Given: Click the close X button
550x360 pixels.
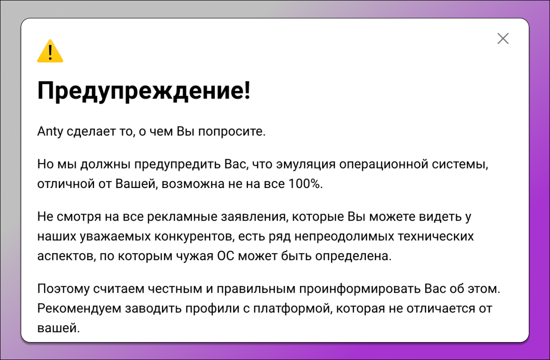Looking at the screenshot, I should pos(503,39).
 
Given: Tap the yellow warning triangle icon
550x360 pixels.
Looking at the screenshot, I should pos(50,51).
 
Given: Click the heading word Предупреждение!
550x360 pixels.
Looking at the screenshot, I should pos(144,90).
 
